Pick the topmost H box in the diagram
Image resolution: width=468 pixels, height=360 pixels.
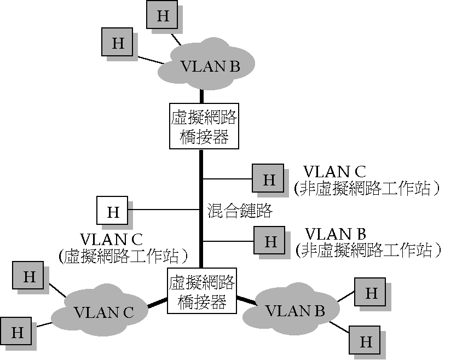(163, 15)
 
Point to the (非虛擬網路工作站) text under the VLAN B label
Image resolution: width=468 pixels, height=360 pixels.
(368, 250)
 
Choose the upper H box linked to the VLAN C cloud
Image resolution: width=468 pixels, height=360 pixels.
(28, 276)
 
